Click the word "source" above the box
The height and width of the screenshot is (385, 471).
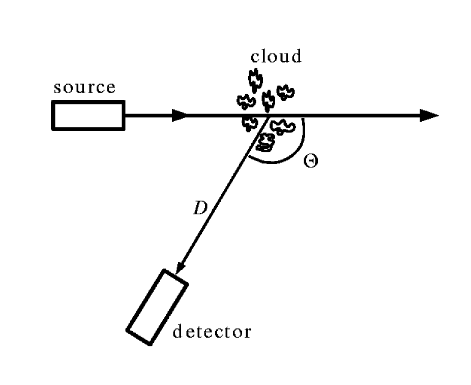click(85, 88)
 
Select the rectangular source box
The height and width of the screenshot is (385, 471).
click(88, 115)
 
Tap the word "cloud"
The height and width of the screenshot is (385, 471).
click(276, 56)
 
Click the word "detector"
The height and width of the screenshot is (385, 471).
click(212, 332)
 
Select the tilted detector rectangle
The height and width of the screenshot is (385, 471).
click(157, 307)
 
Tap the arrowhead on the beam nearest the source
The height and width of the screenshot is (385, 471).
click(180, 116)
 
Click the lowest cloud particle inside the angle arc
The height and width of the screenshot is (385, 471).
click(266, 143)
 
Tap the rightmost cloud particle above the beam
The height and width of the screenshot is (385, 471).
click(285, 92)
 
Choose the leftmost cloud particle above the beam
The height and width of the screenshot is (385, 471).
click(246, 101)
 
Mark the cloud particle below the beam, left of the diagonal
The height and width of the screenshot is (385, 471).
click(249, 123)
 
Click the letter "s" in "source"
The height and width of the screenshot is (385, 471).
click(58, 88)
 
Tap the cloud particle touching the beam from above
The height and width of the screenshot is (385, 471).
click(268, 100)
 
